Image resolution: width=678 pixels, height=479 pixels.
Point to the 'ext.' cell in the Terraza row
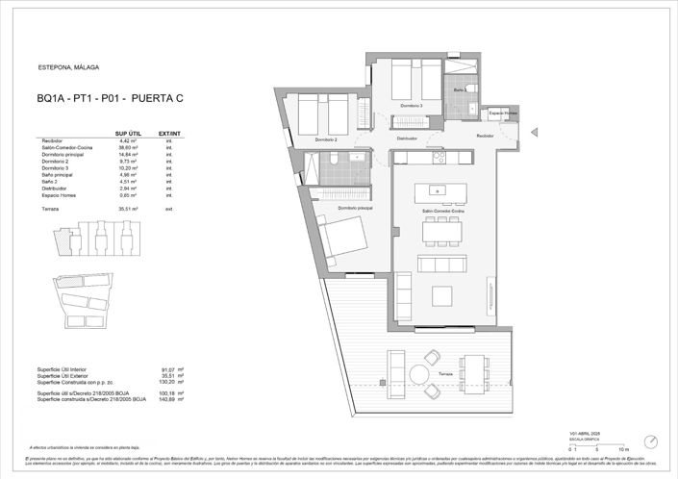(x=169, y=208)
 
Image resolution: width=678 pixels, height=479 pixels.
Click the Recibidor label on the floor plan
(x=486, y=137)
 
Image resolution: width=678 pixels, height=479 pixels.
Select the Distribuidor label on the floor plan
(x=408, y=139)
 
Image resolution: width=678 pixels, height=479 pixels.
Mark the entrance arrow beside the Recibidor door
(x=536, y=130)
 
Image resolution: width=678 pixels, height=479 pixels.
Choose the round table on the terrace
(x=420, y=373)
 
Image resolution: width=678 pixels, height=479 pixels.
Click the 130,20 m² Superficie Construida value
(x=174, y=382)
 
